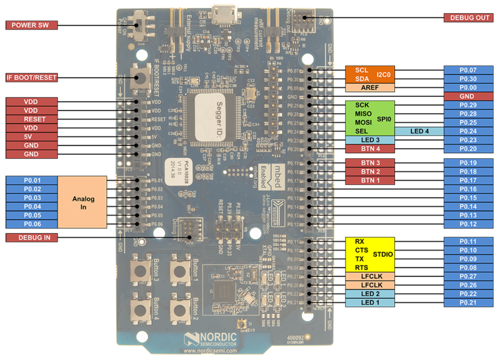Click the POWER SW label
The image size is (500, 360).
pyautogui.click(x=32, y=26)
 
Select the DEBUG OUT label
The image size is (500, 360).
pyautogui.click(x=468, y=17)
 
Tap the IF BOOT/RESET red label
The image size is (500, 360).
pyautogui.click(x=32, y=78)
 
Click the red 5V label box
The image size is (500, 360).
pyautogui.click(x=32, y=136)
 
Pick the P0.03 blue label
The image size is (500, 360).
pyautogui.click(x=32, y=197)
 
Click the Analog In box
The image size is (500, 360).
pyautogui.click(x=82, y=202)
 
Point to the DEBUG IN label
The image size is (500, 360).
pyautogui.click(x=32, y=237)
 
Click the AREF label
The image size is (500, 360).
pyautogui.click(x=370, y=88)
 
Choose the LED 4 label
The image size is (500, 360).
pyautogui.click(x=419, y=131)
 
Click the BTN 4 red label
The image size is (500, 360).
pyautogui.click(x=370, y=149)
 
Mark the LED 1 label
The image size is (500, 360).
pyautogui.click(x=370, y=302)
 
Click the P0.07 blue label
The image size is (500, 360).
pyautogui.click(x=468, y=70)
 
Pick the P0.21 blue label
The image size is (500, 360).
pyautogui.click(x=468, y=302)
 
